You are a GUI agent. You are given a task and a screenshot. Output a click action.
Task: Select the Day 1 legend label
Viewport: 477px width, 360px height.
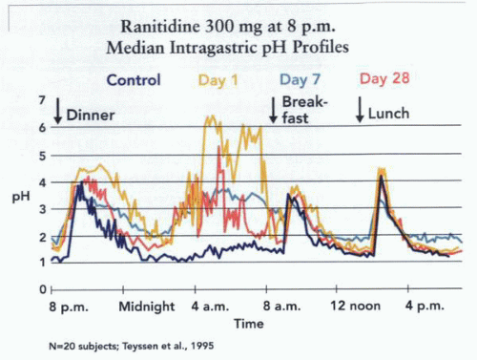click(x=218, y=80)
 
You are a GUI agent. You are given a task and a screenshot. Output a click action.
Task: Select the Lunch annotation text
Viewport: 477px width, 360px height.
click(x=389, y=114)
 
